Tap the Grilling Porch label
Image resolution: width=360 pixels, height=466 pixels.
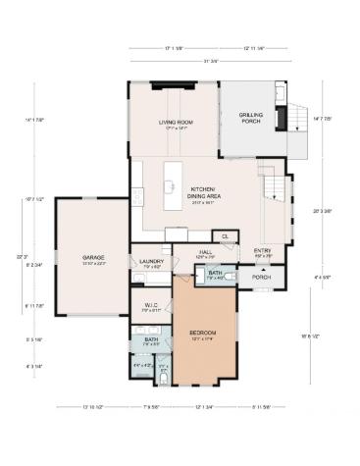pos(250,118)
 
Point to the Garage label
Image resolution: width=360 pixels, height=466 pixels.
pos(93,258)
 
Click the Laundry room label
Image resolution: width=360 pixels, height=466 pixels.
pos(151,263)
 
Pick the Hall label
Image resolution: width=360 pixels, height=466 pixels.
pos(206,253)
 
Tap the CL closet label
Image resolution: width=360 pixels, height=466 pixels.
pos(225,236)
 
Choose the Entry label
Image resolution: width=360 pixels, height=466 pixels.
pos(263,251)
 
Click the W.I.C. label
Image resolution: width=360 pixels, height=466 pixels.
pos(151,305)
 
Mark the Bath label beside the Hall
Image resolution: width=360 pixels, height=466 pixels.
pos(215,275)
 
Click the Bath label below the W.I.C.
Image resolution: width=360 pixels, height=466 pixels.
pos(151,341)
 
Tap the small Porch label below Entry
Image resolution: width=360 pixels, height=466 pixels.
pos(261,277)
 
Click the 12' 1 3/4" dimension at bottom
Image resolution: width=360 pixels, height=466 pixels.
pos(203,406)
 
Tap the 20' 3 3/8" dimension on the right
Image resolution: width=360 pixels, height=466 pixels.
pos(314,210)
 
